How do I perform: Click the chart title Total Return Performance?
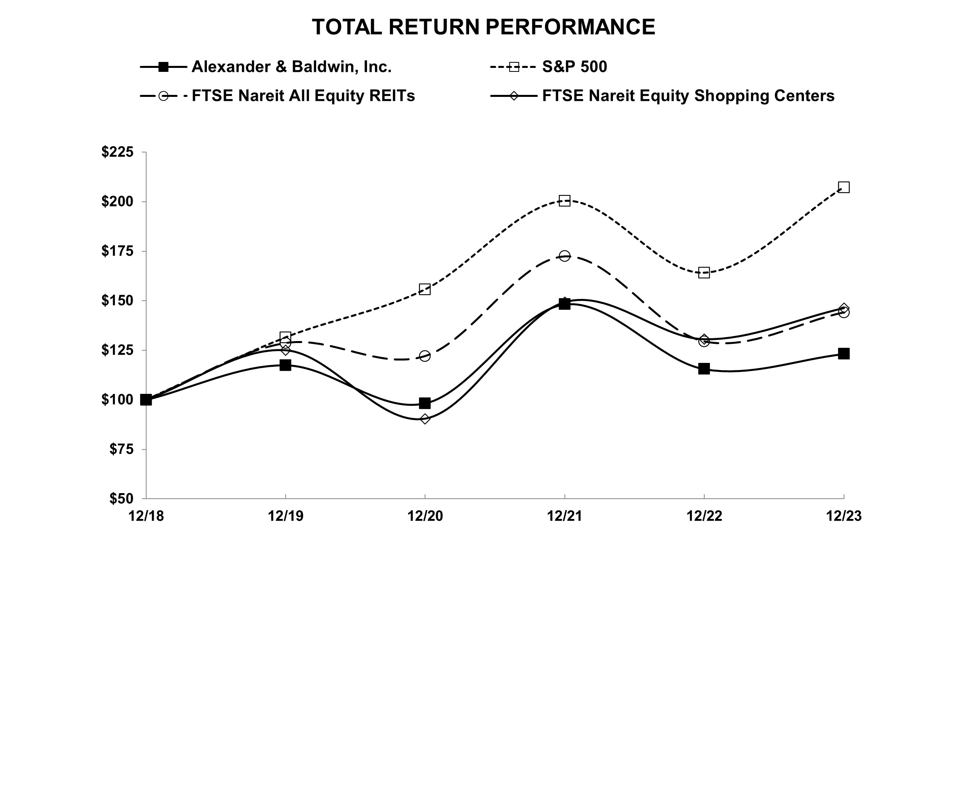[x=483, y=27]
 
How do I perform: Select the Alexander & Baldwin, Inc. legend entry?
[x=291, y=67]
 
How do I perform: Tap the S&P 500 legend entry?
[x=574, y=67]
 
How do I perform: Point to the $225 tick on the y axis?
[x=118, y=152]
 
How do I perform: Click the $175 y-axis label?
[x=118, y=251]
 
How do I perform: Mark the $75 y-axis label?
[x=121, y=449]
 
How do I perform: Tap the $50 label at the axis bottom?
[x=121, y=499]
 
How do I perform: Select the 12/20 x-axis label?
[x=425, y=516]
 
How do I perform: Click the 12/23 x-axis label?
[x=844, y=516]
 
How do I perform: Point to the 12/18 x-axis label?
[x=146, y=516]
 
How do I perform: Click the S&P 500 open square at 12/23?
[x=844, y=187]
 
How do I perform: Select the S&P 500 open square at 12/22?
[x=704, y=273]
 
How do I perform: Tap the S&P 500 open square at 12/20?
[x=425, y=289]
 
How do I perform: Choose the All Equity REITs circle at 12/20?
[x=425, y=356]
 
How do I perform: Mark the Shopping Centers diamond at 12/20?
[x=425, y=419]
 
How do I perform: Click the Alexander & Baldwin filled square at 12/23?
[x=844, y=353]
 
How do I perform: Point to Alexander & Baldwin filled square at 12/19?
[x=285, y=365]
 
